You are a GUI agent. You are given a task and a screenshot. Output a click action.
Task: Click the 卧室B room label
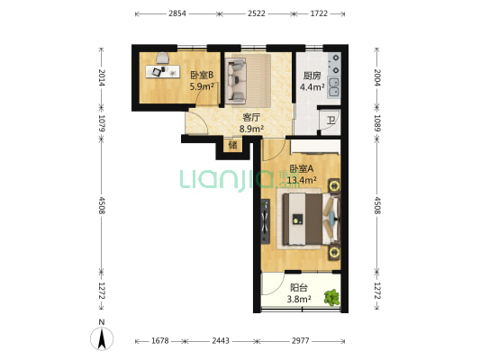tap(201, 76)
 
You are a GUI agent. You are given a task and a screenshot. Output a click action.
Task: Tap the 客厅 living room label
tap(251, 117)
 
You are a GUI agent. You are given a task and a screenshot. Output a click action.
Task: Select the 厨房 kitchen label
tap(312, 76)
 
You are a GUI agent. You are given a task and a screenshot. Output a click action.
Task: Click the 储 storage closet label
tap(232, 144)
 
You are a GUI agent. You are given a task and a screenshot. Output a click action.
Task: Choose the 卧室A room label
tap(300, 168)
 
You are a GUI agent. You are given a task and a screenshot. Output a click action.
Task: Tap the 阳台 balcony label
tap(298, 288)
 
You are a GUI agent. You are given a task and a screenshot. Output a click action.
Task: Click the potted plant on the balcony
tap(332, 296)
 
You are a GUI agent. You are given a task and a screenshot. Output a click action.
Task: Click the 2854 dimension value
tap(177, 14)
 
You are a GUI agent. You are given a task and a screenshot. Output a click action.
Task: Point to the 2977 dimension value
tap(301, 341)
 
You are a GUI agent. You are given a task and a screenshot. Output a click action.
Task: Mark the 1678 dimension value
tap(160, 341)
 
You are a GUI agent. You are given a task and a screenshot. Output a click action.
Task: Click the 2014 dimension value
tap(102, 78)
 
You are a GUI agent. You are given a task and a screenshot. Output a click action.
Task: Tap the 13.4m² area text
tap(300, 179)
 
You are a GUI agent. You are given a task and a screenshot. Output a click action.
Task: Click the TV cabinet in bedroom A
tap(265, 221)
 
